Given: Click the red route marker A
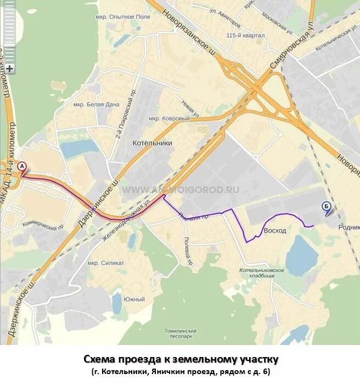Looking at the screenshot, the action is point(22,166).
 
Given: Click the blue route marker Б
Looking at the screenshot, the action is point(326,207).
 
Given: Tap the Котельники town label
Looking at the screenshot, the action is point(152,143).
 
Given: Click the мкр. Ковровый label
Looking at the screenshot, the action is point(169,118).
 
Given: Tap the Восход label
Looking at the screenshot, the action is point(275,230).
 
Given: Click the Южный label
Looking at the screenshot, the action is point(134,299).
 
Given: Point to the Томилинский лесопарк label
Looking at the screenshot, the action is point(180,334).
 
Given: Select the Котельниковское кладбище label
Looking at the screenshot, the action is point(262,273).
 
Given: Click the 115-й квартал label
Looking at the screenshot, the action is point(245,36).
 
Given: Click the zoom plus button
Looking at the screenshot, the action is point(9,69).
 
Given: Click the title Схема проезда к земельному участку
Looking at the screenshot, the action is point(181,359).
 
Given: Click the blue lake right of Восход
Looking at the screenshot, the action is point(301,256).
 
